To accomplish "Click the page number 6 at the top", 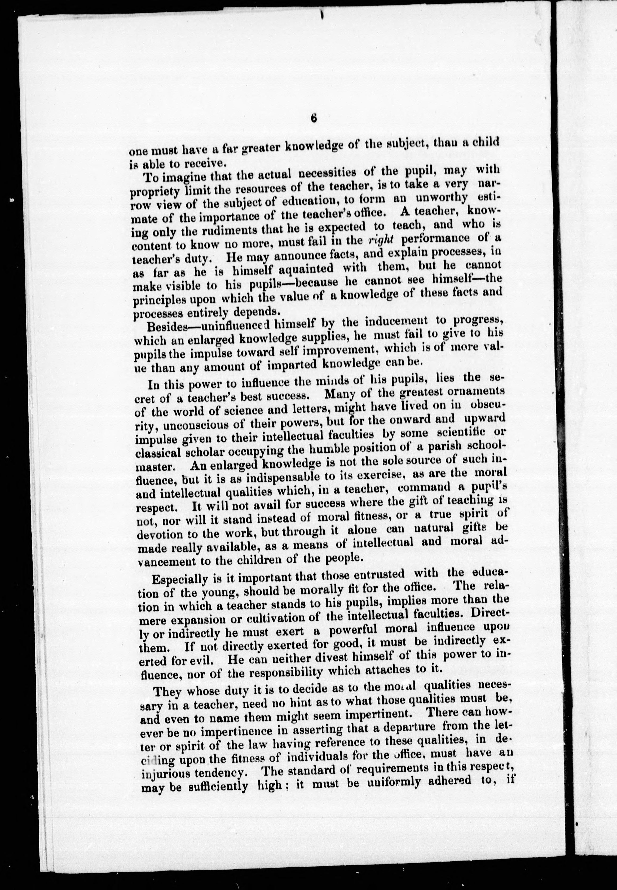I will click(x=314, y=119).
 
